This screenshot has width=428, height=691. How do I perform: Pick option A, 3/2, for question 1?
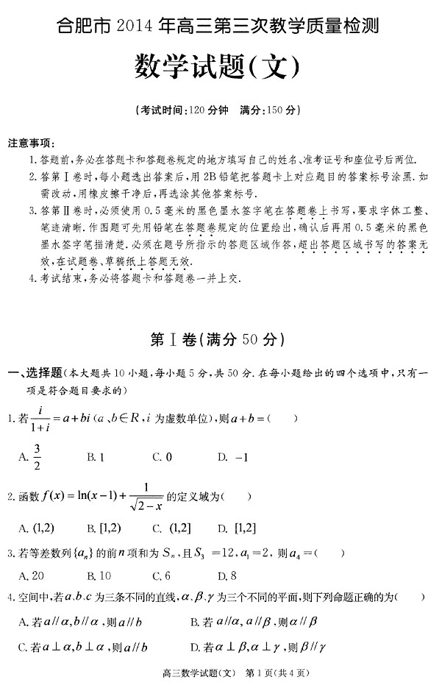tap(29, 457)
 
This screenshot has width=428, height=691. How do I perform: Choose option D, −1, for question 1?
tap(233, 457)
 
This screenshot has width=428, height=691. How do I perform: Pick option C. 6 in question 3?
tap(162, 575)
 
